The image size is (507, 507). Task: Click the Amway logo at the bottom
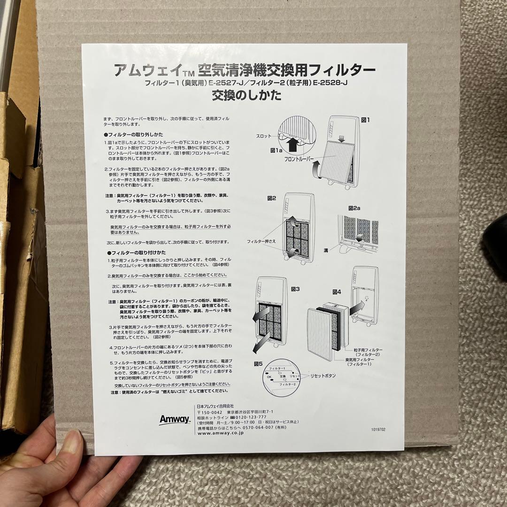tap(174, 419)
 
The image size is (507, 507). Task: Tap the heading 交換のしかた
tap(246, 96)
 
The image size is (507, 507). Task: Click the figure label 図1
tap(365, 120)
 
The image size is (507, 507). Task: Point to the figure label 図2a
tap(356, 207)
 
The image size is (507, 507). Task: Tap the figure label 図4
tap(338, 291)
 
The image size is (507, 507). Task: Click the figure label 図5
tap(259, 363)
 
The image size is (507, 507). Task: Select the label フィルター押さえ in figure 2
tap(261, 241)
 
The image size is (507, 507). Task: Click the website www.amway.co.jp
tap(223, 433)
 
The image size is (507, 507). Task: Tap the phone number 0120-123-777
tap(252, 416)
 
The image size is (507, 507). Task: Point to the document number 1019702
tap(380, 429)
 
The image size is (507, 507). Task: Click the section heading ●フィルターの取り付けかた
tap(130, 253)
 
